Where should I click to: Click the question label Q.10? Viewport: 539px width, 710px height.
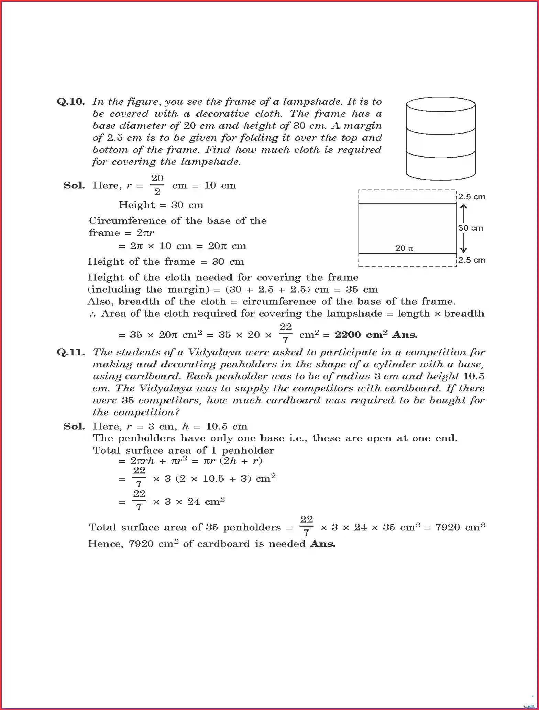(70, 102)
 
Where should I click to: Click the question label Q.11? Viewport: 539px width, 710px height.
(70, 352)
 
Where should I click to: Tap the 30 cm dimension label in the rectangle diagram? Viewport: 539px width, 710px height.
(471, 228)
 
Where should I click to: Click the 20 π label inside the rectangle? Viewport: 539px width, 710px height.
(404, 248)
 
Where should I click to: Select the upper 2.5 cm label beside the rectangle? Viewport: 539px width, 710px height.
(472, 197)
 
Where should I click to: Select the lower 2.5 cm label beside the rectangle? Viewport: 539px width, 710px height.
(472, 260)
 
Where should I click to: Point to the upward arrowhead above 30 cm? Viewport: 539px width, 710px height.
(463, 207)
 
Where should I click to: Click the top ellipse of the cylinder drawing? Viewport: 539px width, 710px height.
(441, 105)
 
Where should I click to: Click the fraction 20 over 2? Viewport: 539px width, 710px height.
(157, 185)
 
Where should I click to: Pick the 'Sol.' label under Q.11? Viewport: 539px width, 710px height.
(74, 426)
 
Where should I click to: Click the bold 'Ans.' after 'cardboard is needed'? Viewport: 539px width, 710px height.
(322, 544)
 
